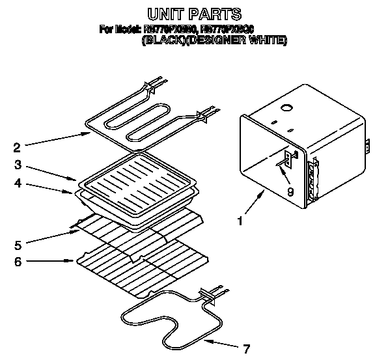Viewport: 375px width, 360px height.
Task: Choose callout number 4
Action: pyautogui.click(x=18, y=184)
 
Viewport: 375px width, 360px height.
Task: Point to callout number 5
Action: pyautogui.click(x=18, y=245)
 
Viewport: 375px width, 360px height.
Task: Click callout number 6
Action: pyautogui.click(x=18, y=262)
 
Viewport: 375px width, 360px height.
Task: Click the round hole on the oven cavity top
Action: pyautogui.click(x=285, y=106)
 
